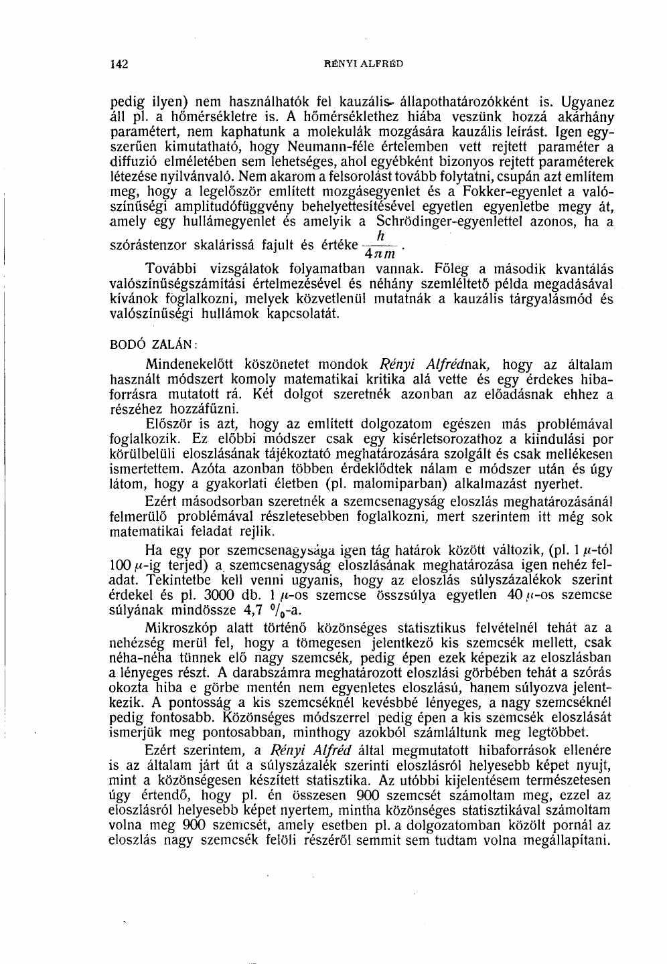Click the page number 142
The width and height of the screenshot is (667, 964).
(119, 65)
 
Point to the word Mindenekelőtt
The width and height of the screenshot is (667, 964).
(190, 365)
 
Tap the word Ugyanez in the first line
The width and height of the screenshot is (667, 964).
(583, 103)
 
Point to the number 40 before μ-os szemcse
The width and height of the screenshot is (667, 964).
(515, 595)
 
